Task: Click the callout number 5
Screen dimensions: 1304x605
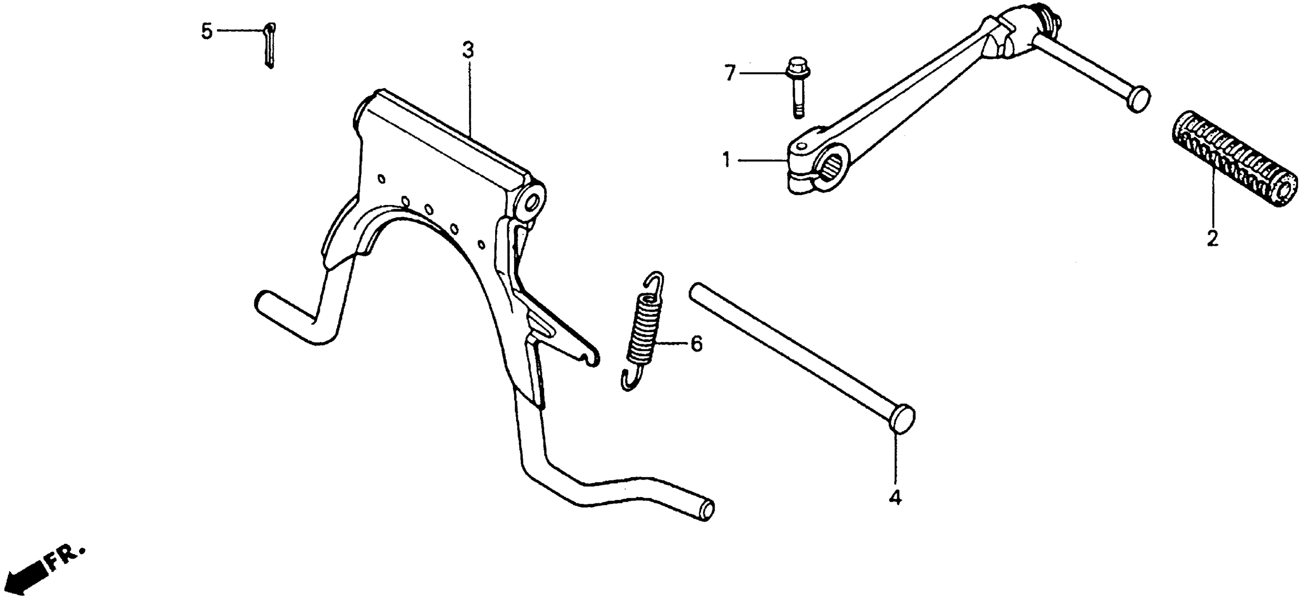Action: [x=206, y=31]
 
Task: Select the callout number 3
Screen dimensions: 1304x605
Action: [x=468, y=51]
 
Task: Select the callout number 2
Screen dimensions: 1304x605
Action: [x=1213, y=238]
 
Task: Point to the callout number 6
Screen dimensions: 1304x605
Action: [x=697, y=344]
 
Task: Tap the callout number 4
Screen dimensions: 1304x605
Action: [x=895, y=498]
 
